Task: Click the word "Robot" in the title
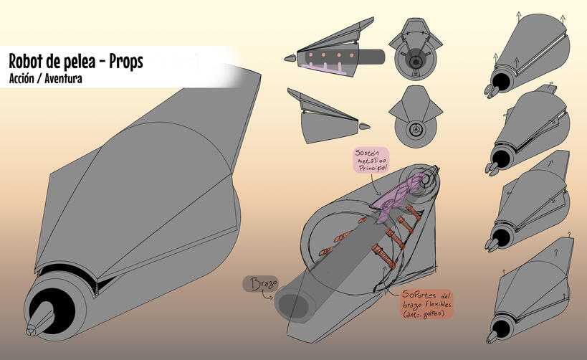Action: (x=28, y=62)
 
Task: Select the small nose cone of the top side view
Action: (x=292, y=57)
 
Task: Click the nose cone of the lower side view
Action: (x=365, y=126)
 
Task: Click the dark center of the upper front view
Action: (x=415, y=62)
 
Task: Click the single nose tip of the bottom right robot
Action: (x=492, y=334)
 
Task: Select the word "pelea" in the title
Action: (x=77, y=62)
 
